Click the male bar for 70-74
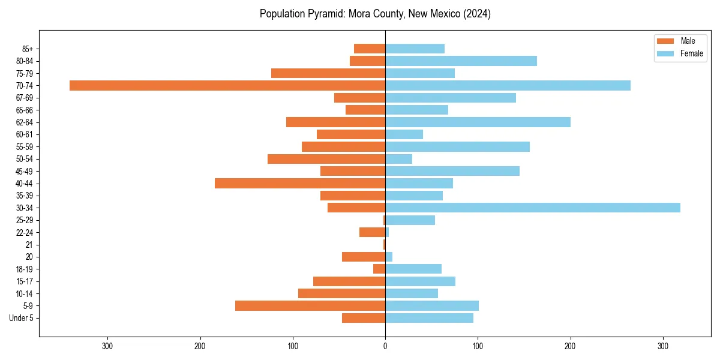(227, 86)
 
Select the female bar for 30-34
(533, 208)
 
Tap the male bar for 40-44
(300, 184)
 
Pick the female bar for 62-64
(478, 122)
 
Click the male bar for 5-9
(310, 305)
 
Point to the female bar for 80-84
(461, 61)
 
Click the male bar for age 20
(364, 257)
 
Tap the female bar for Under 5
(429, 318)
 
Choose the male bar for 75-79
(328, 73)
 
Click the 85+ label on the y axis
(26, 49)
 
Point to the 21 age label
(29, 245)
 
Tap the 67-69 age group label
(25, 98)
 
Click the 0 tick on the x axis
(385, 346)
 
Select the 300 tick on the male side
(107, 346)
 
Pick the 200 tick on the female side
(570, 346)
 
